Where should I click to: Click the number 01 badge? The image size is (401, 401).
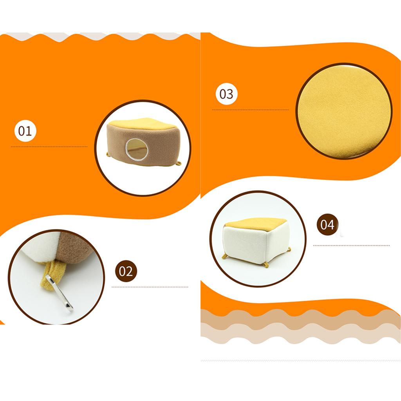tap(25, 131)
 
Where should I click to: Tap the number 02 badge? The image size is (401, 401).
tap(126, 271)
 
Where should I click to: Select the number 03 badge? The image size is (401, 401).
tap(226, 94)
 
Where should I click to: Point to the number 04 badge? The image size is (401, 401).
tap(328, 224)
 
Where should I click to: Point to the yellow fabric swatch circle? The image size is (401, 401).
tap(344, 111)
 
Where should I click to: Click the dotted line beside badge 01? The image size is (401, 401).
tap(49, 147)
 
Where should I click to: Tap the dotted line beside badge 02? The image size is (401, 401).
tap(150, 287)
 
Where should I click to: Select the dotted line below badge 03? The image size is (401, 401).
tap(250, 110)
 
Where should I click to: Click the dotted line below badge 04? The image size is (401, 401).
tap(351, 246)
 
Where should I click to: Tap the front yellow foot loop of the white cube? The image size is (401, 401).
tap(266, 265)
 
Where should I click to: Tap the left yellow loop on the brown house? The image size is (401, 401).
tap(108, 154)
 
